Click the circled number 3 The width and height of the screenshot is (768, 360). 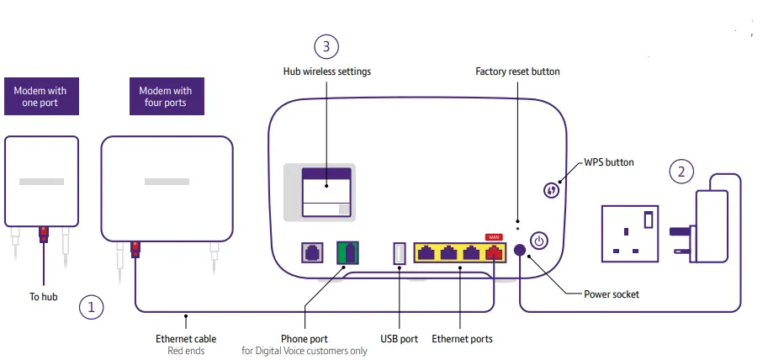click(327, 46)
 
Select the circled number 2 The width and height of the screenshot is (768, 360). click(682, 172)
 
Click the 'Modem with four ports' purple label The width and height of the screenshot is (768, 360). click(165, 97)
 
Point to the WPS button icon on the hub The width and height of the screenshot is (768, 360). click(552, 190)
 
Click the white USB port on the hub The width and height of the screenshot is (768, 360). click(400, 253)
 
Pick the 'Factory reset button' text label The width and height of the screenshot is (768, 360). click(517, 71)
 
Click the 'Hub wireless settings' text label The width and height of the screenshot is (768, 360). click(326, 71)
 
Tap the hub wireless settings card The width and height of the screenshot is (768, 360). click(326, 193)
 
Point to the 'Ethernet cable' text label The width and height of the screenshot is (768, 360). click(186, 339)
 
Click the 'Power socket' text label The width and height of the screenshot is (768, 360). click(612, 294)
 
